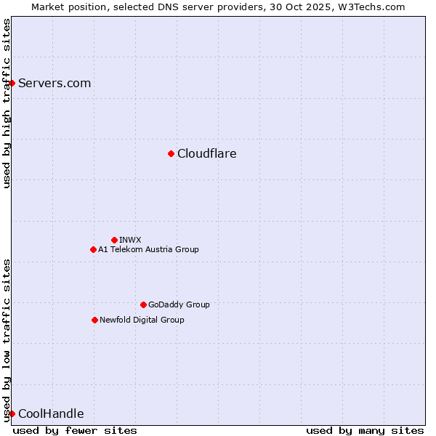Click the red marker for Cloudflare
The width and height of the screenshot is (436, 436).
[x=171, y=153]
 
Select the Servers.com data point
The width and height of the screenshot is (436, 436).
[x=12, y=83]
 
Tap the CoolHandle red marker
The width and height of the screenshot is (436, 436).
[x=12, y=413]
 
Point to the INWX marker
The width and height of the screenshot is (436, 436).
[x=114, y=240]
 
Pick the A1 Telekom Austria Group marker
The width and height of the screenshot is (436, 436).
[x=93, y=249]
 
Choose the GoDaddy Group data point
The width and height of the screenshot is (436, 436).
[x=143, y=304]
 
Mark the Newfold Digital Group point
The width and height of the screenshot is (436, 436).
[x=94, y=320]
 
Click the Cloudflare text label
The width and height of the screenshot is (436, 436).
[x=206, y=153]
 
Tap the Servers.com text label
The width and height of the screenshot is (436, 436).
[x=54, y=83]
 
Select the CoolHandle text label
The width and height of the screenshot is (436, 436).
[x=51, y=413]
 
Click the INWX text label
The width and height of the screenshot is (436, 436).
[x=130, y=240]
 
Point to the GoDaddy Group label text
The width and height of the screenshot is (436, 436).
[x=179, y=304]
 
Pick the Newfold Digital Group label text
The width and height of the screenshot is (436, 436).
[x=142, y=320]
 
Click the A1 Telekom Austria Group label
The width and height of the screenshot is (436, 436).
[x=148, y=249]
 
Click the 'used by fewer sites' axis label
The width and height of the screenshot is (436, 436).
[x=75, y=430]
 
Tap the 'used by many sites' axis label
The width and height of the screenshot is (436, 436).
[x=365, y=430]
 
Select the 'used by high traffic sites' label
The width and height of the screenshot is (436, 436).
[x=7, y=103]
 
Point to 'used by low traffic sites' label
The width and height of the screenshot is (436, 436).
[x=7, y=340]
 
